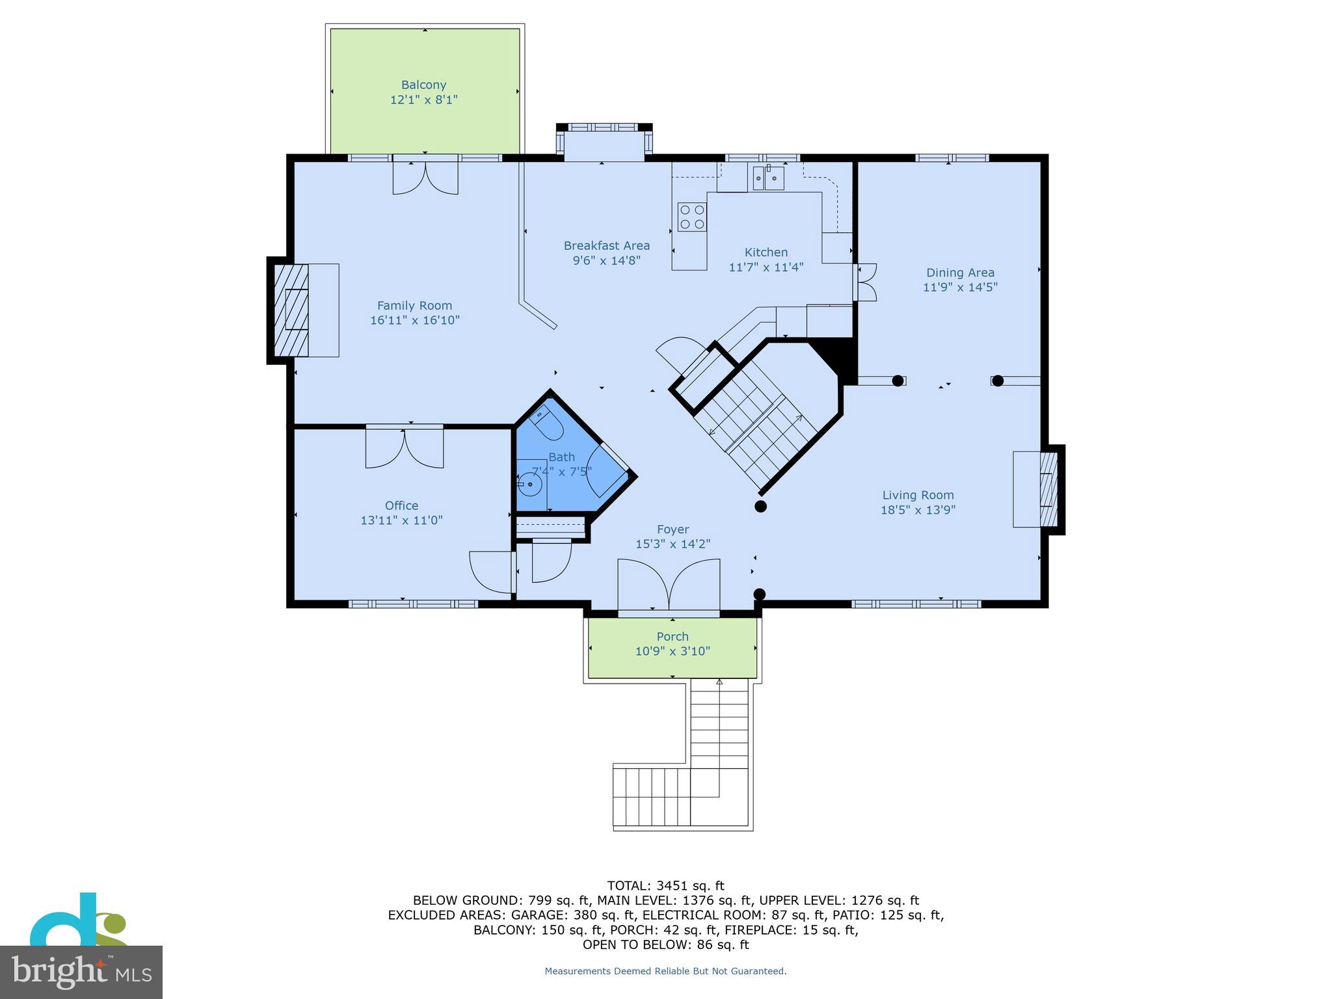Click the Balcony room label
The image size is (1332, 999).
point(423,85)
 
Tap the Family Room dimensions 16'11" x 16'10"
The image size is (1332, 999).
point(415,320)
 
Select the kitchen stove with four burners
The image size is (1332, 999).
point(692,217)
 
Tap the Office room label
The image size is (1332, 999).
point(401,505)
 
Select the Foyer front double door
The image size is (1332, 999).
point(669,585)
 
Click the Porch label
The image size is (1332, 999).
point(673,636)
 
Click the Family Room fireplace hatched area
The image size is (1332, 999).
point(291,310)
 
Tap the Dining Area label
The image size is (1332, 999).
point(960,273)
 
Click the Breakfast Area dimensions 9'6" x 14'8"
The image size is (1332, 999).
point(607,260)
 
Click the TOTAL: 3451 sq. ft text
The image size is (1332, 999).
point(665,885)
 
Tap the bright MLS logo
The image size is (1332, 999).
point(81,971)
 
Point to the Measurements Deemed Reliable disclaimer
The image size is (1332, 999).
point(665,971)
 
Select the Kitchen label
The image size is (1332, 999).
point(766,252)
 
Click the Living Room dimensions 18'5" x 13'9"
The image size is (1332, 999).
point(918,510)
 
